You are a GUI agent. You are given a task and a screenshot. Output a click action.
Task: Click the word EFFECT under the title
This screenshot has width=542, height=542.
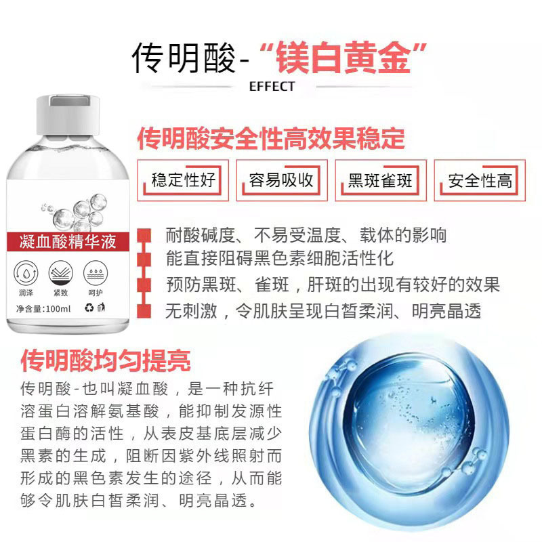click(x=272, y=87)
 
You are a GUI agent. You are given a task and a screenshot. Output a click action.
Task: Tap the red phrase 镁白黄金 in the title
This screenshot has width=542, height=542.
click(x=343, y=58)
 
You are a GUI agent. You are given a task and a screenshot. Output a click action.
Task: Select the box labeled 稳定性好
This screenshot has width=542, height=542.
click(x=183, y=180)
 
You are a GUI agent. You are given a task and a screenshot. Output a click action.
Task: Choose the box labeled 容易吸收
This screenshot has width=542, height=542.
click(x=282, y=180)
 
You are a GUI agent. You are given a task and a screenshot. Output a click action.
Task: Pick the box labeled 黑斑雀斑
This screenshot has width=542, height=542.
click(x=381, y=180)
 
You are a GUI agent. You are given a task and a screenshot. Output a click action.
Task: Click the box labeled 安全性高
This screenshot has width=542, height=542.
click(x=480, y=180)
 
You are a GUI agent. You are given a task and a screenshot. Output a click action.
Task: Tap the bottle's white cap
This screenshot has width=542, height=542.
click(x=68, y=115)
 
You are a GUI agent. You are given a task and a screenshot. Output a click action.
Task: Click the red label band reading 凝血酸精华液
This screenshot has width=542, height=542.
click(x=68, y=241)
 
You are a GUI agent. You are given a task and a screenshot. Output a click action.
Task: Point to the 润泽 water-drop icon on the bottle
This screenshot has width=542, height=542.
click(x=26, y=273)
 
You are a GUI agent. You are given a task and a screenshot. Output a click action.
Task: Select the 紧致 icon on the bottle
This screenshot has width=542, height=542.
click(x=61, y=273)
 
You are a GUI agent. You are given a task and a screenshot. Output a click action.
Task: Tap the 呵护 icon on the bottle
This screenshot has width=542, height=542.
click(x=96, y=273)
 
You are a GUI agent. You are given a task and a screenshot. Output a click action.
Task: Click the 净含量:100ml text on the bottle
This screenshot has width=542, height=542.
click(x=43, y=309)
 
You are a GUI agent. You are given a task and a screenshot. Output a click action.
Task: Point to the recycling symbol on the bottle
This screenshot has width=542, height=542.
click(x=89, y=308)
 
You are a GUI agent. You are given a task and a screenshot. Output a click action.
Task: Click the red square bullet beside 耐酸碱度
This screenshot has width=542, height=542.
click(x=144, y=235)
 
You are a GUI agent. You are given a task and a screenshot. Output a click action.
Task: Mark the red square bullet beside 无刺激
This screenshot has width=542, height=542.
click(x=144, y=311)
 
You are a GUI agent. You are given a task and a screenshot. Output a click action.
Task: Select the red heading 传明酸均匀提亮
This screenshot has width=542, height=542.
click(x=106, y=361)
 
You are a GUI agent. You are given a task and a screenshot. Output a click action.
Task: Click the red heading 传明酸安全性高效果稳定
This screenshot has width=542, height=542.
click(x=271, y=139)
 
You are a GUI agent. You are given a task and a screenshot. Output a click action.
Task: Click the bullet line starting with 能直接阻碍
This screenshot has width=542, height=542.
click(x=280, y=259)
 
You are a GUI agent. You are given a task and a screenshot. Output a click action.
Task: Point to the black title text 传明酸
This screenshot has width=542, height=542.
click(x=184, y=58)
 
